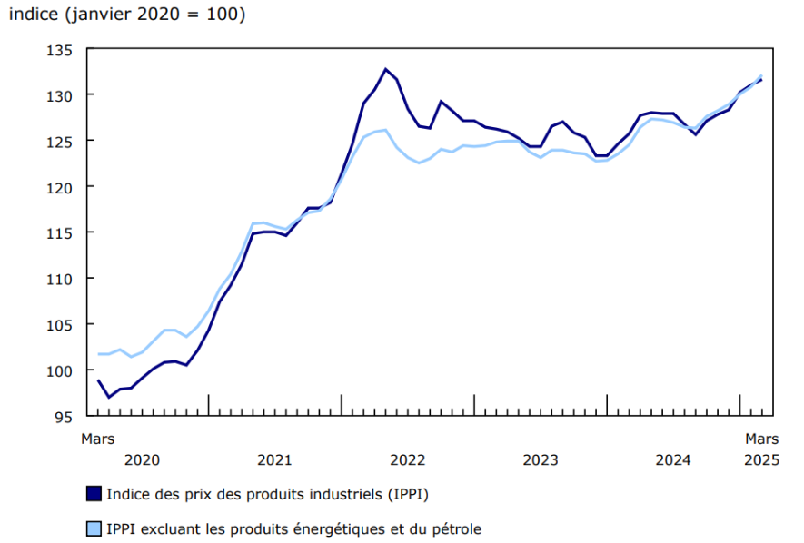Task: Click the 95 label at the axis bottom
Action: click(x=63, y=416)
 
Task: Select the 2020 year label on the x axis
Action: click(x=142, y=459)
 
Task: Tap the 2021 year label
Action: click(x=274, y=459)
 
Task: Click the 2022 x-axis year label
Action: click(x=407, y=459)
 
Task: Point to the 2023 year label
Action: click(x=541, y=459)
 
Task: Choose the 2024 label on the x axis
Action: click(x=673, y=459)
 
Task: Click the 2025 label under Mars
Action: click(x=761, y=459)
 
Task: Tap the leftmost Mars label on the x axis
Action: click(x=98, y=439)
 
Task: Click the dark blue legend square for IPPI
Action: click(x=94, y=494)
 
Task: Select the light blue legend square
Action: click(x=94, y=528)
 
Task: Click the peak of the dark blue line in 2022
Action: click(x=385, y=69)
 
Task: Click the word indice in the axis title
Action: click(x=33, y=15)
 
